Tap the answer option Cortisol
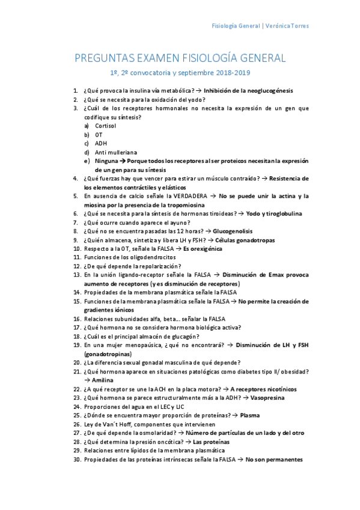pyautogui.click(x=106, y=126)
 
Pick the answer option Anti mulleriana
pyautogui.click(x=116, y=152)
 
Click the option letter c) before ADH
pyautogui.click(x=87, y=143)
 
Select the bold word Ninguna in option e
pyautogui.click(x=106, y=161)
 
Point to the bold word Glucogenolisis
pyautogui.click(x=233, y=231)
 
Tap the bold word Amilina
pyautogui.click(x=102, y=380)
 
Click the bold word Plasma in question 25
pyautogui.click(x=251, y=415)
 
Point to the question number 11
pyautogui.click(x=76, y=257)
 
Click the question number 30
pyautogui.click(x=76, y=459)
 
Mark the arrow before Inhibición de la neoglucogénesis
pyautogui.click(x=198, y=91)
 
